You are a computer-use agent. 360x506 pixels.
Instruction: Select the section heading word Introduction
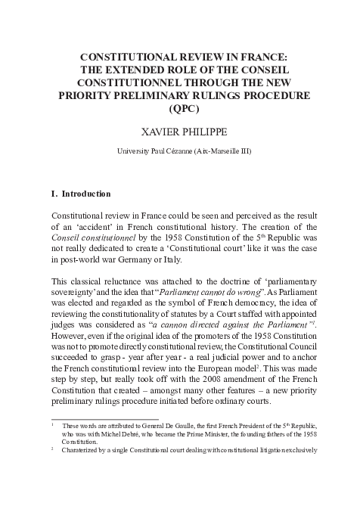85,194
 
